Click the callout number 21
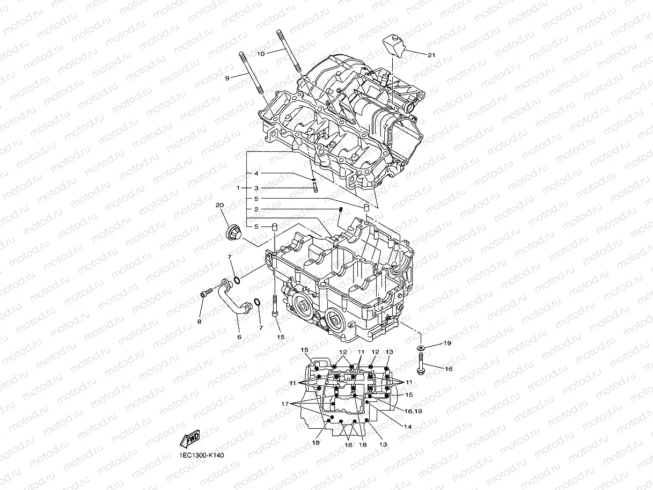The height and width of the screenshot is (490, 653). tap(431, 55)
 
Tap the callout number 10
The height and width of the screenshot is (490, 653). tap(261, 54)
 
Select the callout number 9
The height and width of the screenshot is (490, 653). tap(227, 78)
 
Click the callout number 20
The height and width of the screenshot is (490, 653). tap(219, 206)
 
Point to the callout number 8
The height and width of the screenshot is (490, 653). tap(199, 321)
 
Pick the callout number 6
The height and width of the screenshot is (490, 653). tap(239, 337)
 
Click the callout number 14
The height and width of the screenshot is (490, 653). tap(408, 427)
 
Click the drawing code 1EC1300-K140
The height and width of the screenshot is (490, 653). tap(201, 456)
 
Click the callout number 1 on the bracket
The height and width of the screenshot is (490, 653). tap(238, 188)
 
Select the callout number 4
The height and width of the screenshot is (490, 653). tap(256, 173)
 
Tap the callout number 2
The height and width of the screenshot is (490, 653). tap(256, 209)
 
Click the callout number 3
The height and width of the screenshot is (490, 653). tap(256, 188)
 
